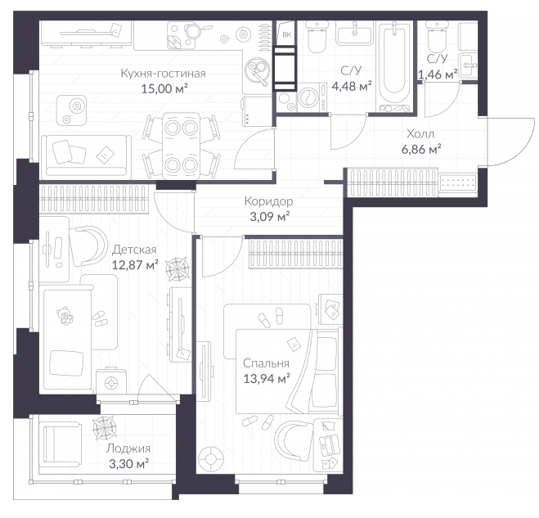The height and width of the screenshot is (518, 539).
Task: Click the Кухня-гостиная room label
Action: pyautogui.click(x=164, y=74)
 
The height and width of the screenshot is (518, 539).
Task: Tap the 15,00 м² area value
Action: pyautogui.click(x=164, y=88)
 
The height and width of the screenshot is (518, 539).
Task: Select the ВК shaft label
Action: pyautogui.click(x=287, y=34)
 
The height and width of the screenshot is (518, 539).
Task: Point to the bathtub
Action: pyautogui.click(x=394, y=66)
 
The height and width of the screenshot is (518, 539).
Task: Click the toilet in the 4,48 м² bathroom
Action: pyautogui.click(x=317, y=37)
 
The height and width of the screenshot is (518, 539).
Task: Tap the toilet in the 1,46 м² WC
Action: pyautogui.click(x=437, y=37)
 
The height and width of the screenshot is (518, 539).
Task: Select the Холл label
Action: pyautogui.click(x=420, y=133)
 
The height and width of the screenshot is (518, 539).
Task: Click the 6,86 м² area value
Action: pyautogui.click(x=421, y=149)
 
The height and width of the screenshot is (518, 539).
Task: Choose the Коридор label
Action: pyautogui.click(x=269, y=201)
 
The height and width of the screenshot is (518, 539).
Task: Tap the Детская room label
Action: pyautogui.click(x=134, y=250)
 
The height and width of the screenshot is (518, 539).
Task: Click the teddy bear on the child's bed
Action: pyautogui.click(x=65, y=315)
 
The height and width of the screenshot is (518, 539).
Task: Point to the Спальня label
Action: pyautogui.click(x=266, y=363)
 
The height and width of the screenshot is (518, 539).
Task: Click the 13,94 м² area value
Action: pyautogui.click(x=267, y=379)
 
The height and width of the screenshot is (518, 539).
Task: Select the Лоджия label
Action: pyautogui.click(x=128, y=448)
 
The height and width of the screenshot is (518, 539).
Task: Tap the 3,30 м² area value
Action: pyautogui.click(x=129, y=464)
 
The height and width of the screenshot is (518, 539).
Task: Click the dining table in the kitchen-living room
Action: pyautogui.click(x=181, y=146)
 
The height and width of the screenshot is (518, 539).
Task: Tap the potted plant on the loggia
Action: pyautogui.click(x=105, y=427)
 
